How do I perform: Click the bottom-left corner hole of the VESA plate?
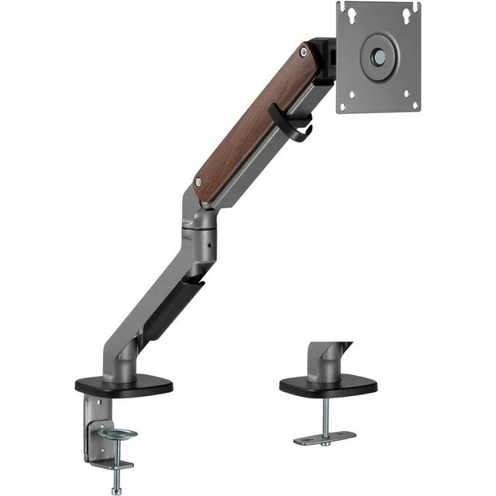coord(352,97)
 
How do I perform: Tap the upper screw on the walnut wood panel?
coord(303,52)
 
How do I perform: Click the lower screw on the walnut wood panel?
coord(200,181)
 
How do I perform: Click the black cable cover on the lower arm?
coord(172,308)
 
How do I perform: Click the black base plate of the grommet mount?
coord(328,384)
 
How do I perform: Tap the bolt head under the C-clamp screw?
coord(116,488)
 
